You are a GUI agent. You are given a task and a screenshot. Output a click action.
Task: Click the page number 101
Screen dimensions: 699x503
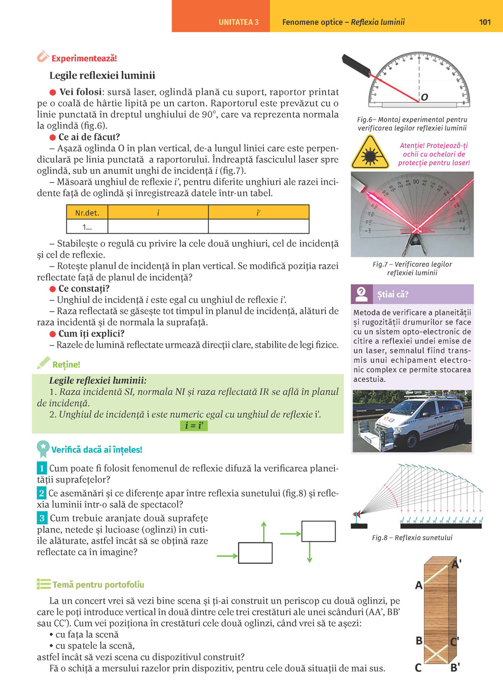tap(484, 22)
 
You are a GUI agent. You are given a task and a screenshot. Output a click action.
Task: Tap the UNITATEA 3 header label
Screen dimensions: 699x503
tap(238, 22)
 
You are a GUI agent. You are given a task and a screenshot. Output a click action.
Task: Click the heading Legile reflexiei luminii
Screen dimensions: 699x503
tap(102, 76)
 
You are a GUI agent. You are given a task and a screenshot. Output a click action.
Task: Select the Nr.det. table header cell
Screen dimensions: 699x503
tap(87, 213)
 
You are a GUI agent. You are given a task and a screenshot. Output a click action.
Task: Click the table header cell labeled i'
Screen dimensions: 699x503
tap(258, 213)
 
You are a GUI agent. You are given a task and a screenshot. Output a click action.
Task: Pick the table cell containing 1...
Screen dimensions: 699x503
tap(87, 227)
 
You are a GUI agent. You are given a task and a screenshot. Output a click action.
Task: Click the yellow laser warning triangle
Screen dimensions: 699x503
tap(369, 153)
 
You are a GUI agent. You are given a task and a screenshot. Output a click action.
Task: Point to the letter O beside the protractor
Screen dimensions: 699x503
tap(424, 97)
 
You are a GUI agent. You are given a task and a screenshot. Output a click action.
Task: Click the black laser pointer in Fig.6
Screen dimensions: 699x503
tap(356, 65)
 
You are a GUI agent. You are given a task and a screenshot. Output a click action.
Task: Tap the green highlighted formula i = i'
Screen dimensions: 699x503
tap(194, 426)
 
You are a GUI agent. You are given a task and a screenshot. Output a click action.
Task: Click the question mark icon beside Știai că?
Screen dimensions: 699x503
tap(362, 294)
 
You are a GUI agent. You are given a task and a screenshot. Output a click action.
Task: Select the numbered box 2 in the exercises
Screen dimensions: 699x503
tap(42, 493)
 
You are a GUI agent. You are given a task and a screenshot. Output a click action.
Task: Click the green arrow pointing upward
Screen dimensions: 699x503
tap(264, 532)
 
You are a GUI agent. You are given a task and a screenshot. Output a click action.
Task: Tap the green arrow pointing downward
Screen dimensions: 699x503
tap(309, 552)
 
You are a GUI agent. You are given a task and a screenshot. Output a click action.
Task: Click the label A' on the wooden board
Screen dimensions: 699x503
tap(456, 565)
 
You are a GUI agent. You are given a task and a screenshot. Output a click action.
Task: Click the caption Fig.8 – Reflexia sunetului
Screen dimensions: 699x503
tap(412, 538)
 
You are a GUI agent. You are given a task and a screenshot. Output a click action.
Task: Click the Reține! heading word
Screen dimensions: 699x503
tap(66, 365)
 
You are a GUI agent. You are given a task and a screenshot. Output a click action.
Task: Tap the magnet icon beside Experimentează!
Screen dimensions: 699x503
tap(43, 57)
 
